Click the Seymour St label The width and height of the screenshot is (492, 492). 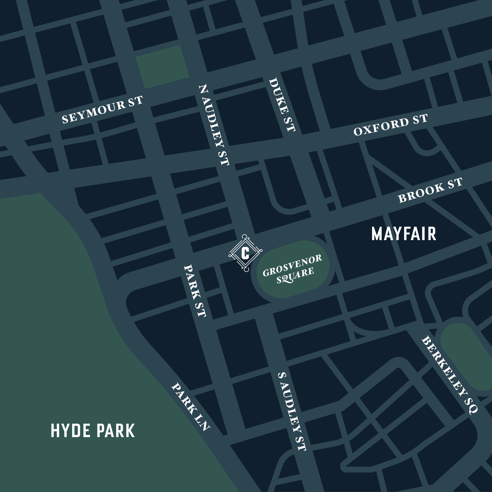pyautogui.click(x=102, y=110)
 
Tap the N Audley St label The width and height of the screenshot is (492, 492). pyautogui.click(x=214, y=125)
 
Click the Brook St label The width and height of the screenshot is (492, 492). pyautogui.click(x=430, y=190)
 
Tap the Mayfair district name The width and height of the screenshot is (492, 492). pyautogui.click(x=404, y=234)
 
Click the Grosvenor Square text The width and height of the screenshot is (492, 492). pyautogui.click(x=293, y=269)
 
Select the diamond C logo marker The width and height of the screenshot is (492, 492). pyautogui.click(x=245, y=253)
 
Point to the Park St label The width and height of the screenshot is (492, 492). pyautogui.click(x=195, y=291)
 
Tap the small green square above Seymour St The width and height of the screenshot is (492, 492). pyautogui.click(x=163, y=67)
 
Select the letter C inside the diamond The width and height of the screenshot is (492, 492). pyautogui.click(x=245, y=253)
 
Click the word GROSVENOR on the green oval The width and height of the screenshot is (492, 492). pyautogui.click(x=293, y=265)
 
